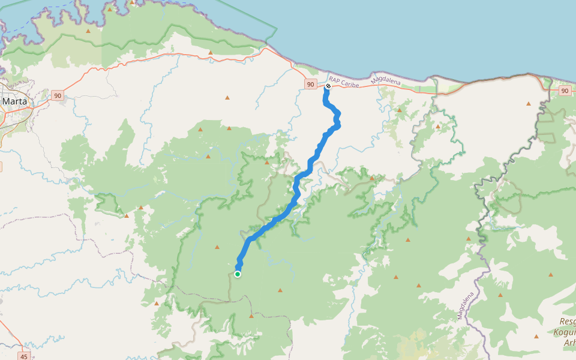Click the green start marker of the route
coord(238,274)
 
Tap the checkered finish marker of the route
coord(328,86)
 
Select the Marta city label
coord(14,101)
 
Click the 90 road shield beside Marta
coord(58,95)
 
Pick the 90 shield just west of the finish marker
coord(310,85)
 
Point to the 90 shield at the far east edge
coord(565,91)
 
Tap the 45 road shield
coord(24,356)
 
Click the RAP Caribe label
coord(344,82)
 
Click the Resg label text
coord(567,322)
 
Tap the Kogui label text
coord(565,332)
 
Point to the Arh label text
coord(569,343)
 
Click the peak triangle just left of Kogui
coord(536,337)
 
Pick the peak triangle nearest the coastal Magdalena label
coord(399,110)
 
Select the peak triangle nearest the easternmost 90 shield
coord(529,103)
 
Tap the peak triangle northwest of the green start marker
coord(217,247)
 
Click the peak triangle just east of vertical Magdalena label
coord(500,295)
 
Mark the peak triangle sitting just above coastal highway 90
coord(211,53)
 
